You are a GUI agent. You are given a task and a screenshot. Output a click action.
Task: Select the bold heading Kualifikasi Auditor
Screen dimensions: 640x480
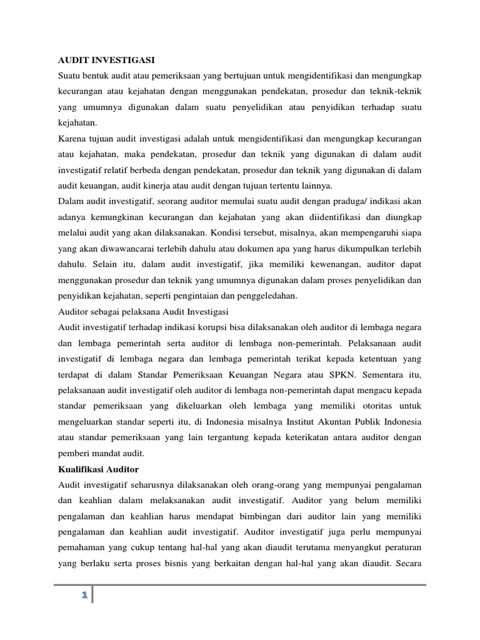click(98, 469)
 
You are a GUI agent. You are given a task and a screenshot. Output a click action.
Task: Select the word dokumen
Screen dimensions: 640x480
click(275, 247)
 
